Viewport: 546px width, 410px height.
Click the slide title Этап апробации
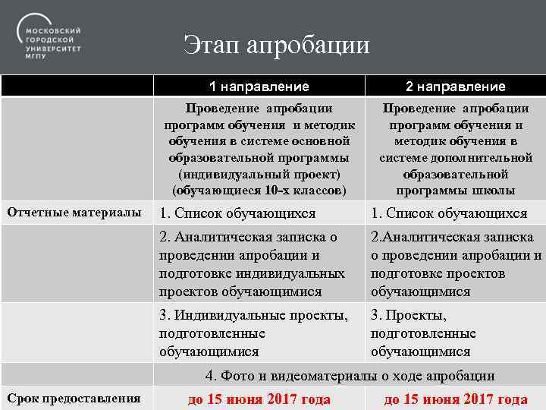tap(276, 46)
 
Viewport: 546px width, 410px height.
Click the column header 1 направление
tap(259, 87)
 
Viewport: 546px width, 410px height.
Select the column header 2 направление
tap(455, 87)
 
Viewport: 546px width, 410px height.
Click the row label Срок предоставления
tap(74, 398)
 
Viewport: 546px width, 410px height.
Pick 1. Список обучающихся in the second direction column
tap(448, 213)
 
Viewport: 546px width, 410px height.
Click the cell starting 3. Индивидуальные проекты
tap(253, 333)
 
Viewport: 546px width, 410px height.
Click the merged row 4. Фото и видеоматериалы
tap(350, 375)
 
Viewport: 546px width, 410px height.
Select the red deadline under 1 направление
tap(259, 399)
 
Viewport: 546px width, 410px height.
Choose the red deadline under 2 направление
tap(455, 399)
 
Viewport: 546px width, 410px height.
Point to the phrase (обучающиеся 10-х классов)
tap(259, 190)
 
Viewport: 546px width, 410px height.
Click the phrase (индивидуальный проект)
tap(259, 174)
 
